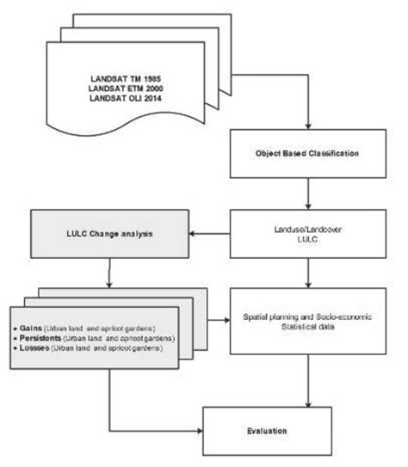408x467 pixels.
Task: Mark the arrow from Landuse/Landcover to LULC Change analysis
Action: pos(213,232)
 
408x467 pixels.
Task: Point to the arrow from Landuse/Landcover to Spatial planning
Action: pos(307,273)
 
